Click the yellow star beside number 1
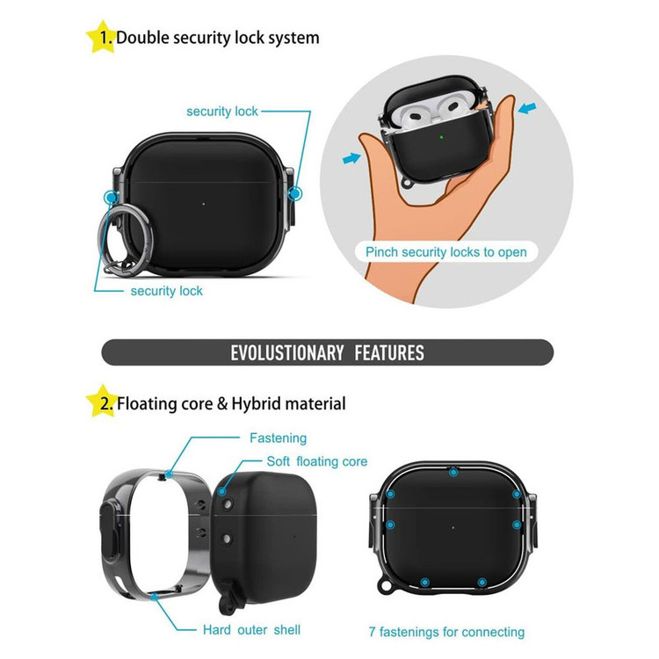click(102, 37)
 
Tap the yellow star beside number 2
click(102, 402)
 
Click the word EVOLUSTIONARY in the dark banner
click(287, 352)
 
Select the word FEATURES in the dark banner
click(389, 352)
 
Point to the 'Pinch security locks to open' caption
click(445, 252)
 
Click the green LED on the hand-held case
click(441, 137)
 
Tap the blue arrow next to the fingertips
click(527, 108)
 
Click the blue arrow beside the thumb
click(351, 158)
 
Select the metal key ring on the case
click(125, 239)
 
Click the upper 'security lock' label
click(222, 112)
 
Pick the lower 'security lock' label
click(166, 291)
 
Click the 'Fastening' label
click(279, 438)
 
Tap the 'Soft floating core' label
click(317, 461)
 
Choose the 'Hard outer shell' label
click(251, 630)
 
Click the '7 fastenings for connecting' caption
click(446, 632)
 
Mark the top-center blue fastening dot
click(453, 473)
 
